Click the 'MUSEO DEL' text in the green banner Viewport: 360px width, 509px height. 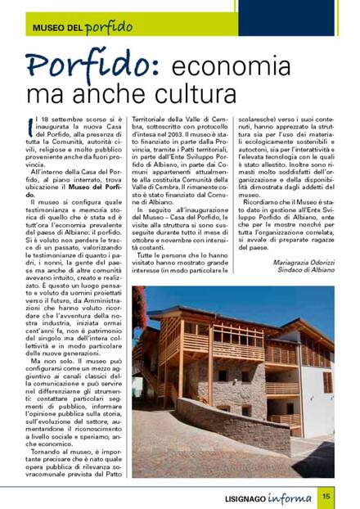coord(58,27)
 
